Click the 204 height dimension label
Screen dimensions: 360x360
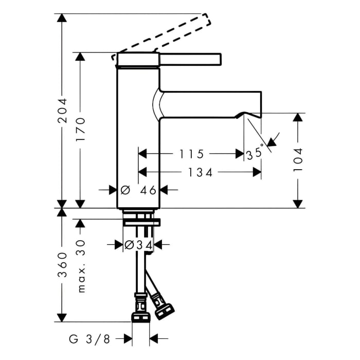click(62, 111)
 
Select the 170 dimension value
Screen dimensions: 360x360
click(81, 129)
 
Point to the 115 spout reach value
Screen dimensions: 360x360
click(191, 154)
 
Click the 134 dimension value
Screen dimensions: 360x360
click(200, 172)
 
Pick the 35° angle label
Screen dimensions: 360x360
click(255, 153)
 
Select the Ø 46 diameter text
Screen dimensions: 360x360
click(138, 190)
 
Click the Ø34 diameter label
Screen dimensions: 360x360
click(138, 245)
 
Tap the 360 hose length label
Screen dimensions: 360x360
click(62, 265)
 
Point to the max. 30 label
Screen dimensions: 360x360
click(81, 266)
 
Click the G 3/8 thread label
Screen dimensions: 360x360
click(89, 339)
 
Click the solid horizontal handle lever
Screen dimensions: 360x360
click(190, 59)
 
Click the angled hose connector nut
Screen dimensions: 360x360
click(165, 311)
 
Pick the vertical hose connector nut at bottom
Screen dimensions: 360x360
click(140, 317)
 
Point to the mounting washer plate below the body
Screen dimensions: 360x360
click(141, 222)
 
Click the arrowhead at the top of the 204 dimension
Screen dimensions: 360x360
click(62, 18)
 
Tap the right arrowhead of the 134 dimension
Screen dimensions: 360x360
click(257, 172)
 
